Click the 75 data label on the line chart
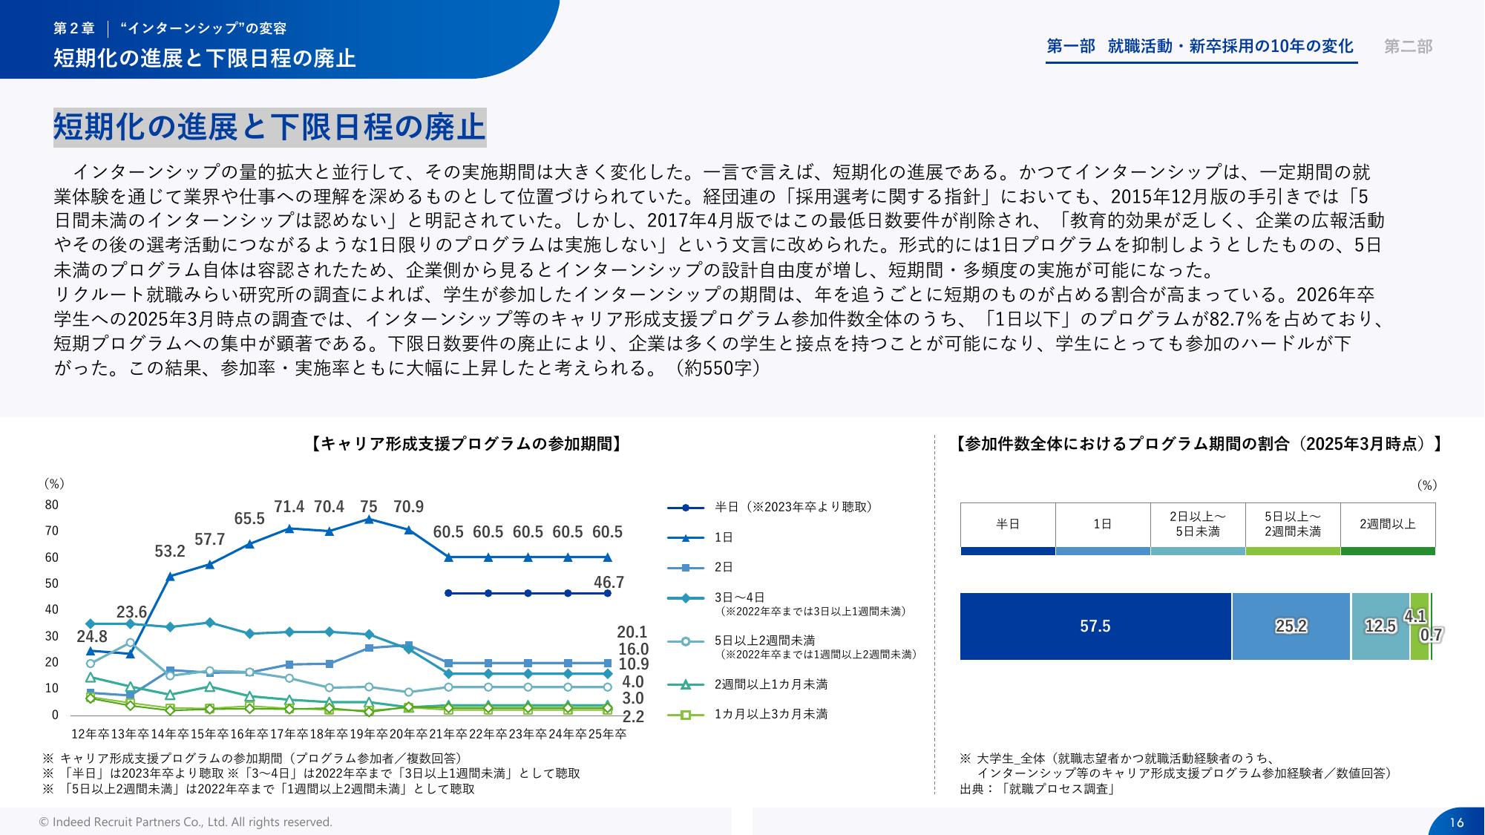coord(369,507)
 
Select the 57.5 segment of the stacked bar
coord(1095,626)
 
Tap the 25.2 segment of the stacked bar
coord(1291,626)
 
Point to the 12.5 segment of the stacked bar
coord(1380,626)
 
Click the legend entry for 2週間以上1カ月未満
coord(770,684)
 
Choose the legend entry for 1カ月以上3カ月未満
coord(770,714)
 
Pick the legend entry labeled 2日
coord(724,567)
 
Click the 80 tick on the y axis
coord(51,505)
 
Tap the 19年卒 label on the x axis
coord(368,734)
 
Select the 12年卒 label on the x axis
coord(90,734)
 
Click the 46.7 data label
coord(609,583)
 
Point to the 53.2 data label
coord(170,551)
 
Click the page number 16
coord(1456,822)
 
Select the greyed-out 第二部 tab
coord(1408,47)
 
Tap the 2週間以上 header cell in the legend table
coord(1387,524)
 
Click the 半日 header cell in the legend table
coord(1007,524)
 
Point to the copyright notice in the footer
coord(186,822)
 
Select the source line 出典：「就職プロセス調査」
coord(1037,789)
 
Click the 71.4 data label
coord(289,507)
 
